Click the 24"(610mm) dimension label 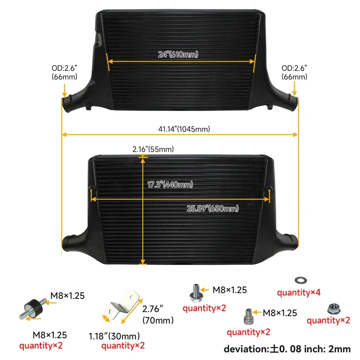click(x=178, y=54)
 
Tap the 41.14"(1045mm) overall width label click(x=184, y=129)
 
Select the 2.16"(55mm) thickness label click(x=153, y=149)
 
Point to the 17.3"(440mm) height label click(x=170, y=184)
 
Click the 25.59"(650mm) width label click(x=212, y=208)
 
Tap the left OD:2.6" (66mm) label click(x=64, y=72)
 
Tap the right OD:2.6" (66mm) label click(x=294, y=72)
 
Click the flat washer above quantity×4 click(x=301, y=280)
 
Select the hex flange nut click(x=334, y=309)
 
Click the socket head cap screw click(x=248, y=317)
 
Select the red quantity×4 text click(x=299, y=292)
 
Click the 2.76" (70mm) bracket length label click(x=158, y=315)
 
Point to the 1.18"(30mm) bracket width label click(x=114, y=336)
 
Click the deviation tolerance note click(x=287, y=349)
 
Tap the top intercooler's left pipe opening click(x=66, y=104)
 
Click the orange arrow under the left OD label click(x=64, y=90)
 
